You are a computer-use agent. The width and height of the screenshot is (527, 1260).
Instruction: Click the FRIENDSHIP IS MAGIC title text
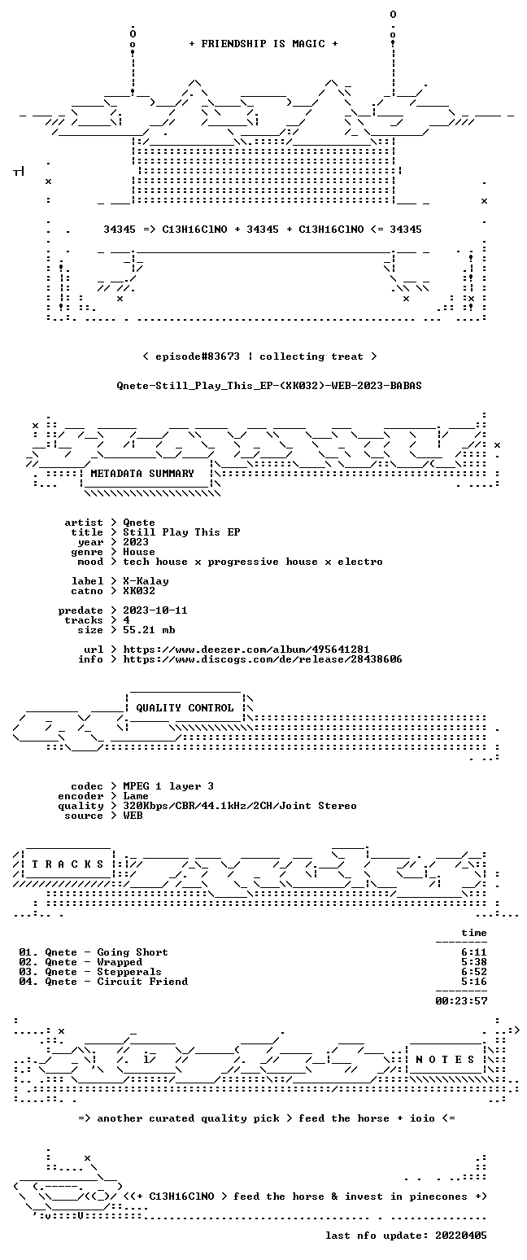pos(263,44)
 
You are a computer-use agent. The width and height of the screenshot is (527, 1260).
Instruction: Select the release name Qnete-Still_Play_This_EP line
pos(269,386)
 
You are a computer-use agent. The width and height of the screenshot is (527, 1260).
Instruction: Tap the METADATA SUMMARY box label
pos(142,474)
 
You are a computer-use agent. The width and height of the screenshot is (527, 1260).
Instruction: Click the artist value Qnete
pos(139,523)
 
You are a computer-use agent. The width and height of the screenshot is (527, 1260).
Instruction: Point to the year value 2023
pos(136,542)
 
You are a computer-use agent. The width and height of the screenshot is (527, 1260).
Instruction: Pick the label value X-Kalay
pos(146,581)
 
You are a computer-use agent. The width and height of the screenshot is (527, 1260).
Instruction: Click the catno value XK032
pos(139,591)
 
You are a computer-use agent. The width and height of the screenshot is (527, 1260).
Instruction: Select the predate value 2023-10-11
pos(155,610)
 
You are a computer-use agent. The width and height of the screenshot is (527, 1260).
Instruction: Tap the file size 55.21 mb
pos(149,630)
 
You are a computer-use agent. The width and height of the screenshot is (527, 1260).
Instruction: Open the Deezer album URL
pos(246,650)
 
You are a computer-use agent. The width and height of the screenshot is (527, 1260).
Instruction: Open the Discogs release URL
pos(263,659)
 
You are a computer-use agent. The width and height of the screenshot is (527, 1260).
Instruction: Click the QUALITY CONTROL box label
pos(185,708)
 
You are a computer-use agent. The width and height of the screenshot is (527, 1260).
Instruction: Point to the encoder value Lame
pos(136,796)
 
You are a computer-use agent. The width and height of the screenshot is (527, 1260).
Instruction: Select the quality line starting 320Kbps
pos(240,806)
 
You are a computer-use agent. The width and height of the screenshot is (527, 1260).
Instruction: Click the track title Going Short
pos(133,952)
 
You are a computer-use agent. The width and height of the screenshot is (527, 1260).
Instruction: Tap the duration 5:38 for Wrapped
pos(474,962)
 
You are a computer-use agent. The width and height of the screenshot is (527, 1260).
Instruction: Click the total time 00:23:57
pos(461,1001)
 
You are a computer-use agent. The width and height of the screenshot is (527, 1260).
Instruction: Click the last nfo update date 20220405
pos(461,1236)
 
